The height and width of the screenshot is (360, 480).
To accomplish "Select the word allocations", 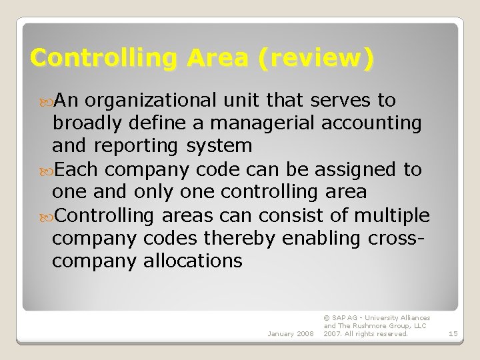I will coord(193,261).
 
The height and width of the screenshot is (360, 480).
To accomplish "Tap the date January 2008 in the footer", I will coord(290,333).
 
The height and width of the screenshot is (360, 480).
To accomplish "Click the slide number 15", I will coord(453,333).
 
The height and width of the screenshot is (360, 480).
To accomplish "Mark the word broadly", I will coord(88,123).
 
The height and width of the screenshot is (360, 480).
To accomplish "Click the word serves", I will coord(343,101).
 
